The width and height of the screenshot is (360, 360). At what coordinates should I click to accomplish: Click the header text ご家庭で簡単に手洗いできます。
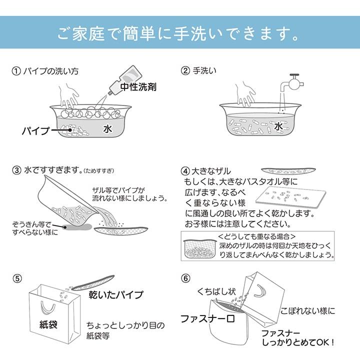click(179, 33)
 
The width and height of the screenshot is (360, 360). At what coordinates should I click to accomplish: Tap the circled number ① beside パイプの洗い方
click(16, 71)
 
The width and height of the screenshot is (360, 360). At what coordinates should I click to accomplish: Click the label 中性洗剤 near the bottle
click(138, 86)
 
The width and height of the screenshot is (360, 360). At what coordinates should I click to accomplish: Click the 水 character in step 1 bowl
click(107, 128)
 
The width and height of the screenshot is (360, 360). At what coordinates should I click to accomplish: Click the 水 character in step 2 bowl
click(278, 127)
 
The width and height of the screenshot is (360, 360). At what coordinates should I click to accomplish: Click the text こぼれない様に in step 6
click(307, 310)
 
